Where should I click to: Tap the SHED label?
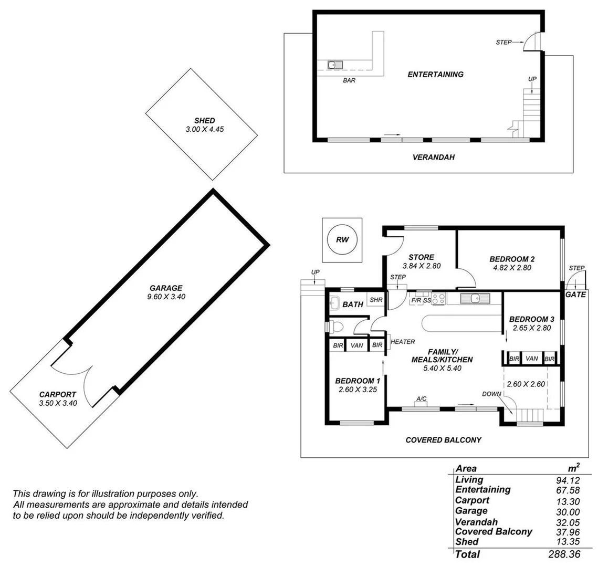pos(204,121)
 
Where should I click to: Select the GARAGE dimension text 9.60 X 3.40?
pos(166,297)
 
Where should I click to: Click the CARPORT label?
pos(58,394)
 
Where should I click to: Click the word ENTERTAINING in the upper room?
pos(435,75)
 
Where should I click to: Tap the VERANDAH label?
pos(433,157)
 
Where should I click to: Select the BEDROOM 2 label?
pos(511,259)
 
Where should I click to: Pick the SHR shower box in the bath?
pos(375,300)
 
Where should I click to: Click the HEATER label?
pos(403,342)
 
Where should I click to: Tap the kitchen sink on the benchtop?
pos(475,299)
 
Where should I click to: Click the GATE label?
pos(575,295)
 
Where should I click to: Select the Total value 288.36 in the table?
pos(563,554)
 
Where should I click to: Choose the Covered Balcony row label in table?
pos(494,531)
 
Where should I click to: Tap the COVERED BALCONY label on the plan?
pos(443,440)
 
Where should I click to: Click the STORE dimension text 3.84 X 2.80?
pos(421,266)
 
